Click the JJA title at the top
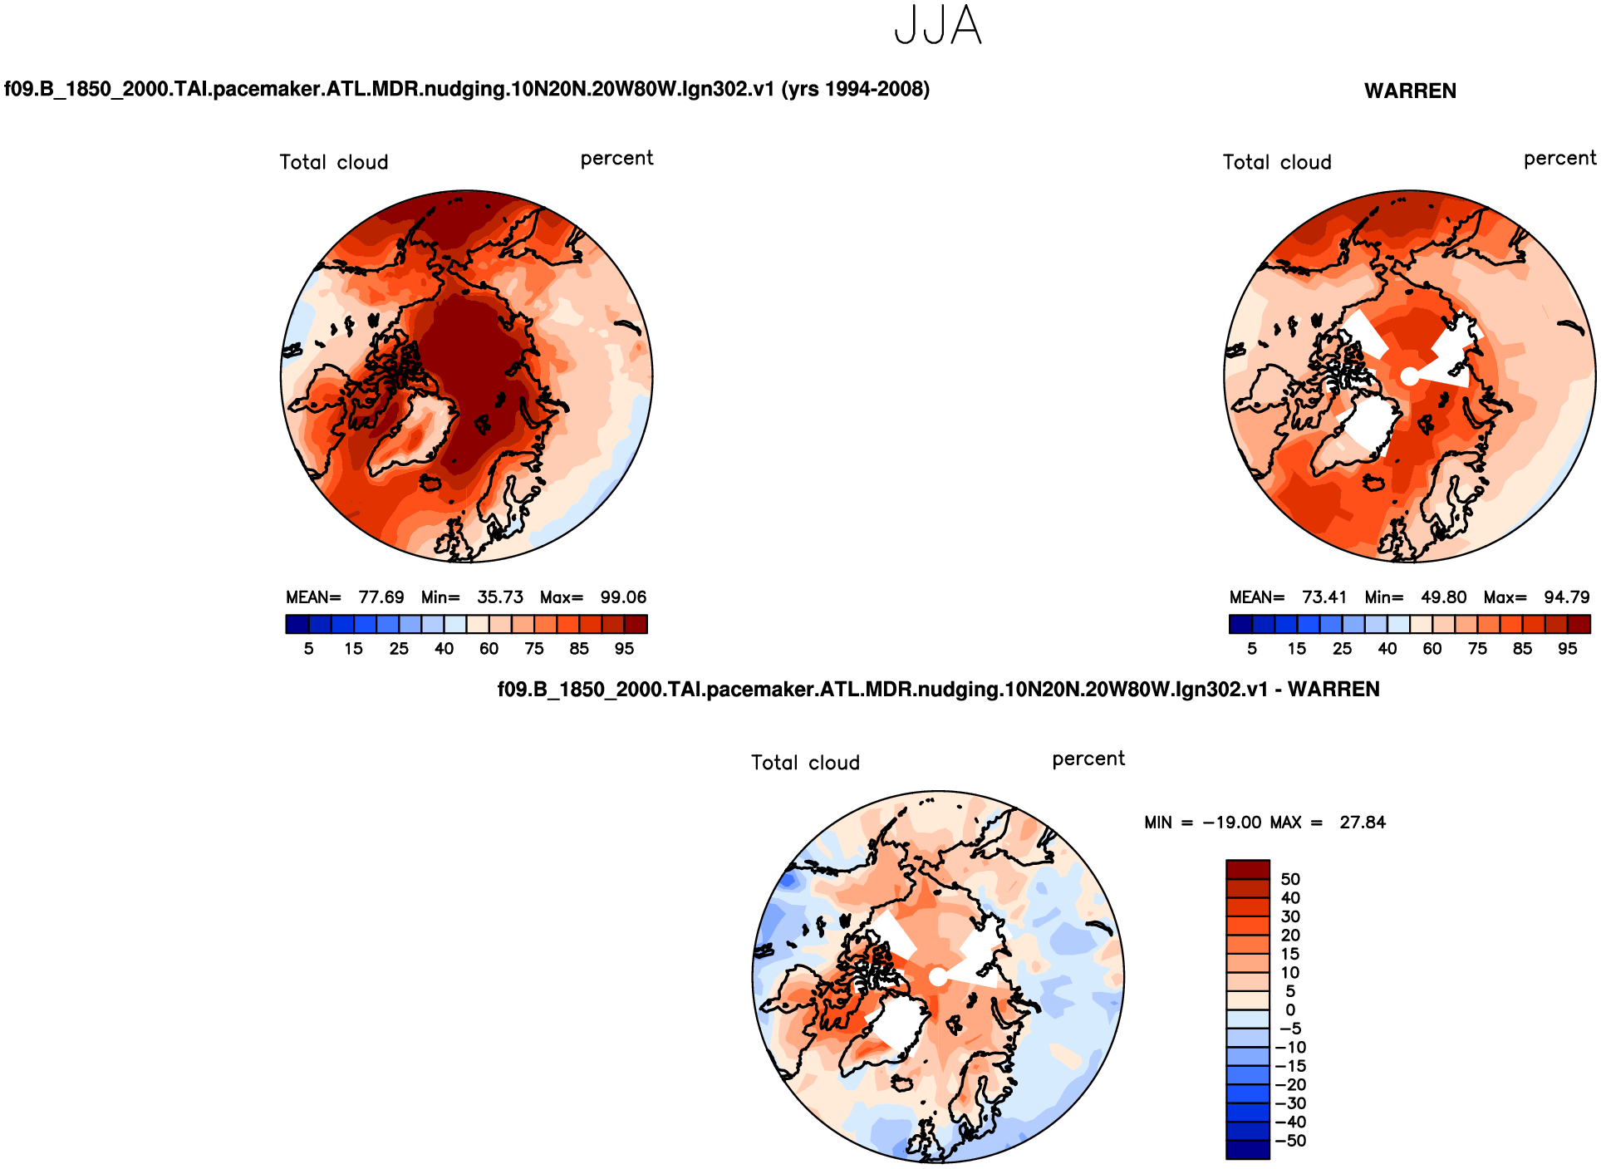[x=938, y=26]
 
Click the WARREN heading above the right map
[x=1410, y=91]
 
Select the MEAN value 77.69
[x=381, y=597]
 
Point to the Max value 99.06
[x=623, y=597]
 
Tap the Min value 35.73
[x=500, y=597]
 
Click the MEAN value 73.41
[x=1324, y=597]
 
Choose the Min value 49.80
[x=1443, y=597]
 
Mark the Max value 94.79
[x=1566, y=597]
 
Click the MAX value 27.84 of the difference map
[x=1363, y=823]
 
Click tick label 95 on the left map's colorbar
[x=624, y=649]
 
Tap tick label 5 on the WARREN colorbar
[x=1252, y=649]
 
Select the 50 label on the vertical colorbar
[x=1290, y=879]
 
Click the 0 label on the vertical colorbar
[x=1290, y=1010]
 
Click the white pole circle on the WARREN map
[x=1409, y=376]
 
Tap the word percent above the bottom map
[x=1088, y=759]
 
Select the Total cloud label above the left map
[x=334, y=162]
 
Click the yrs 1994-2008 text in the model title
[x=855, y=89]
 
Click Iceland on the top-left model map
[x=430, y=482]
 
